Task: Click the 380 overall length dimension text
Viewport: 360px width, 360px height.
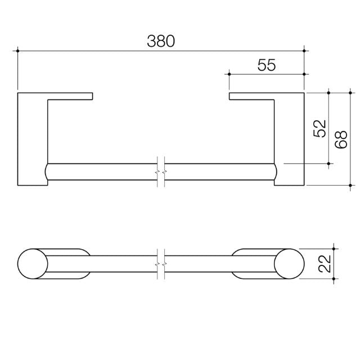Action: (161, 41)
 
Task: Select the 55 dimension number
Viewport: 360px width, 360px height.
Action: (267, 65)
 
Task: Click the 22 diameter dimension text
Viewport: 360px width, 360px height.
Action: (324, 263)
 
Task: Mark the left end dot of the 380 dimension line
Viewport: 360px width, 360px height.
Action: (19, 51)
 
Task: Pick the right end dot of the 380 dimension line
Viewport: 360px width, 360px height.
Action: (304, 51)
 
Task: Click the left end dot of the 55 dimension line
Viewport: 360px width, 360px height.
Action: (229, 73)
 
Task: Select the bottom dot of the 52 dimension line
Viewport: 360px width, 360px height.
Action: (329, 164)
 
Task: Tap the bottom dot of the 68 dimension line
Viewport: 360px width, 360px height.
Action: (350, 184)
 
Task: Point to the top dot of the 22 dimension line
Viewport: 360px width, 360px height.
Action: (335, 248)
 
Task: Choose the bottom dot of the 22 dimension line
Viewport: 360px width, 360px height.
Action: (335, 278)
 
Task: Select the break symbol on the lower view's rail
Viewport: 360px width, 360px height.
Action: (160, 263)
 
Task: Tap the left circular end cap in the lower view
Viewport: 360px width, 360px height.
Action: (33, 263)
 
